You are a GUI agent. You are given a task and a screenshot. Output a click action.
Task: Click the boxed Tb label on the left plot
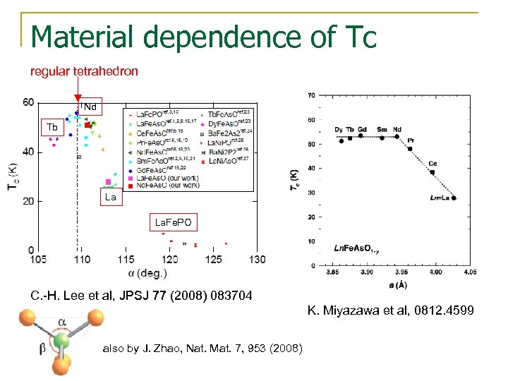52,128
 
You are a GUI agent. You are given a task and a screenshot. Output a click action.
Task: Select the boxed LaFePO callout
173,223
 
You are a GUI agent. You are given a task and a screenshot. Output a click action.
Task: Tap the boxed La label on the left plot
111,198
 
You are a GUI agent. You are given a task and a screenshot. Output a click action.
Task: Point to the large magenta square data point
109,182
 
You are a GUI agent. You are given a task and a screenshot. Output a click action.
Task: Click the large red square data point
87,126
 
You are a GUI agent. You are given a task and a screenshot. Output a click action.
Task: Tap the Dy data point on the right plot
341,141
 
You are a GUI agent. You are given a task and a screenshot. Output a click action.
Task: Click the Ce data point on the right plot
432,173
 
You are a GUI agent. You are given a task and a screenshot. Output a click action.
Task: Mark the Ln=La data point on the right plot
454,198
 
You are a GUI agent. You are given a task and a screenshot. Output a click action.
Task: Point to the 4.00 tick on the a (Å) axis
435,271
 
